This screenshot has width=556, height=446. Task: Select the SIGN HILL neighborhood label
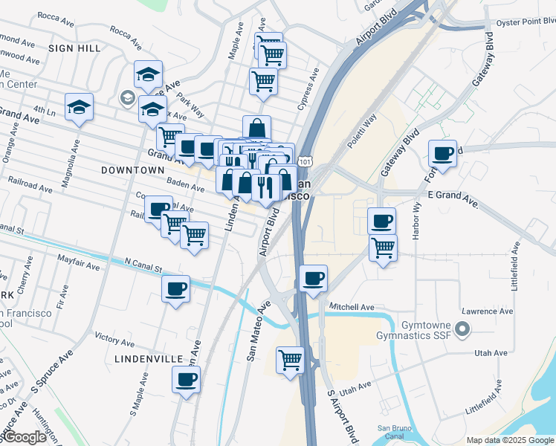(74, 48)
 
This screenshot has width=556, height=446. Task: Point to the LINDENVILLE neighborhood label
(149, 358)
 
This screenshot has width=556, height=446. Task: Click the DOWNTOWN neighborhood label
(132, 170)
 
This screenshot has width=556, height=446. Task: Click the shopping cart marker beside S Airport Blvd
(290, 361)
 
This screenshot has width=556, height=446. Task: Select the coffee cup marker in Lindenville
(187, 380)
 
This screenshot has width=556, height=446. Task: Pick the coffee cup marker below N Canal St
(176, 288)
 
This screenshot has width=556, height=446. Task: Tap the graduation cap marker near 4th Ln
(79, 107)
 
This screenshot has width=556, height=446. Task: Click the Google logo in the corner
(24, 437)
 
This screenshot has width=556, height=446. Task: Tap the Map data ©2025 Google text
(510, 440)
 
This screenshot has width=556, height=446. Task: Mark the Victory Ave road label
(114, 339)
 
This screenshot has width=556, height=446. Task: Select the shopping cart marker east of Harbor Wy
(383, 248)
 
